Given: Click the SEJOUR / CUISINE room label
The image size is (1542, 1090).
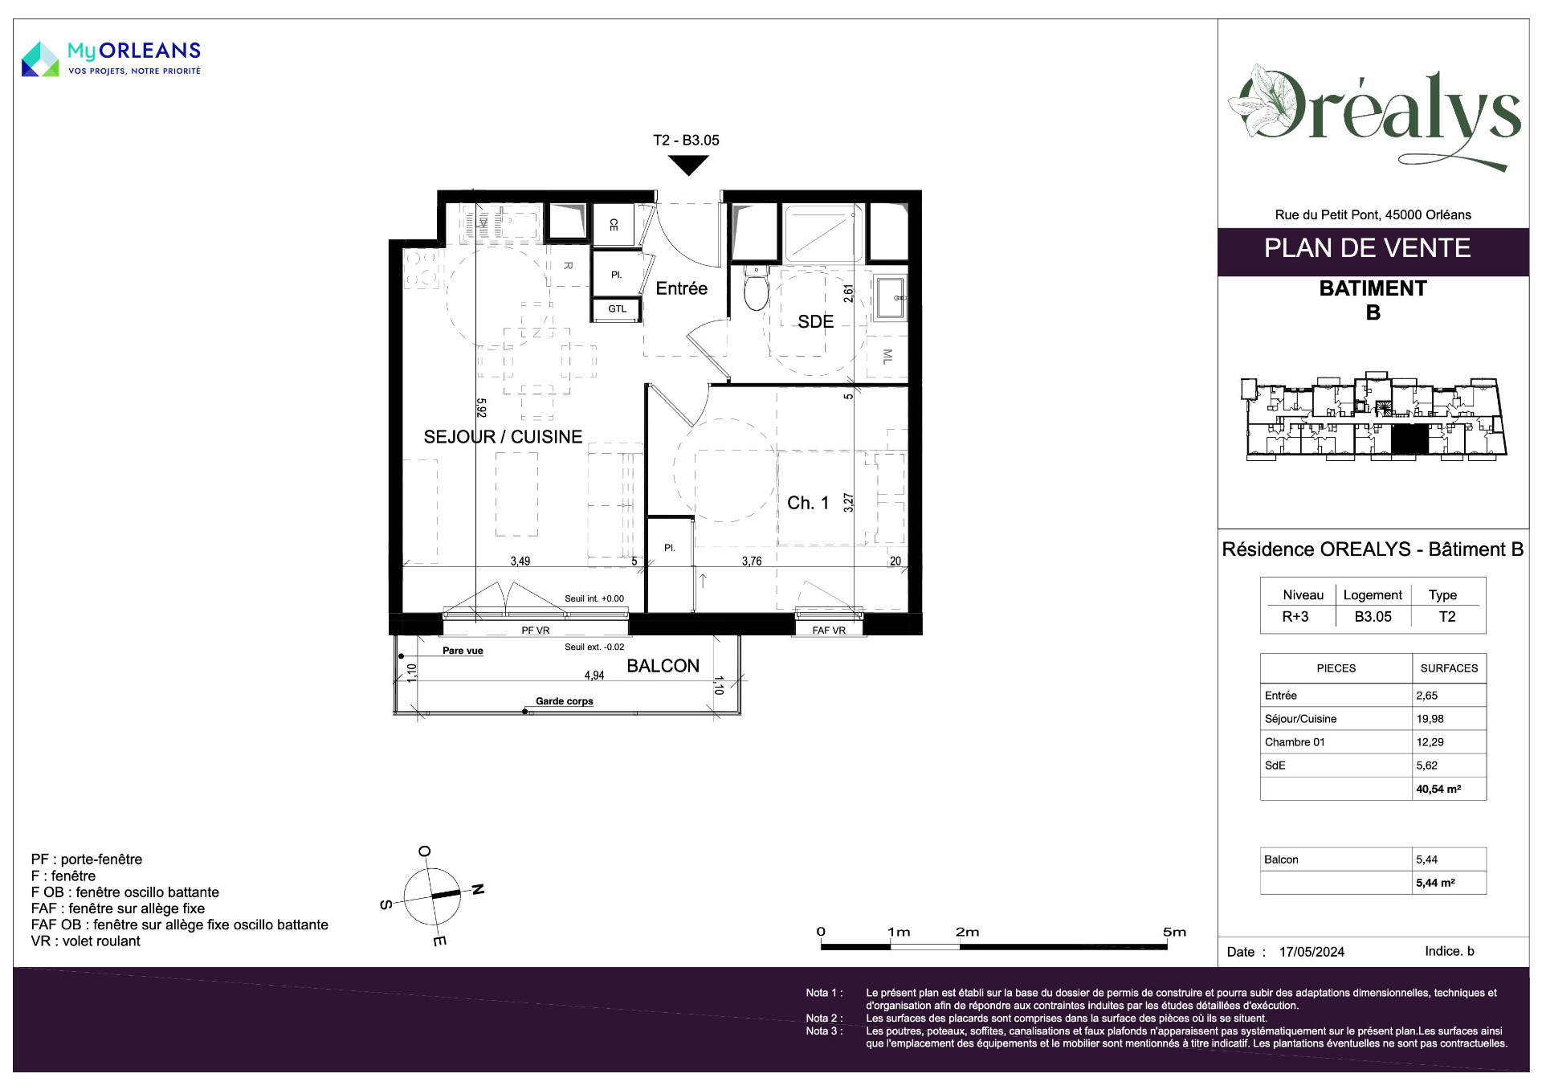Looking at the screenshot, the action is [x=503, y=437].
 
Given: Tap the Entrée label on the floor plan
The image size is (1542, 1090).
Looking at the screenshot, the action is [x=681, y=288].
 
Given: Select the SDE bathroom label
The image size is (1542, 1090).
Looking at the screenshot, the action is [x=815, y=322].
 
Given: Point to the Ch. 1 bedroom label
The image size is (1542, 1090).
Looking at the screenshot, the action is [x=807, y=503].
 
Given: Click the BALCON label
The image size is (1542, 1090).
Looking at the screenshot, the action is [x=663, y=666].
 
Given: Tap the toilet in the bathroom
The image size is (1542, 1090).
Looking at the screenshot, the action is [x=756, y=288].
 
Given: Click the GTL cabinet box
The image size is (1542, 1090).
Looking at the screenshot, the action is [x=617, y=309].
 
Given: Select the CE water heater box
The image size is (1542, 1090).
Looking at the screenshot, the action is [x=614, y=224].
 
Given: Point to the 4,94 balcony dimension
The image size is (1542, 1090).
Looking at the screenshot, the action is [x=594, y=676].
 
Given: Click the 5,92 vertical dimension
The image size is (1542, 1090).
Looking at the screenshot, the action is [x=481, y=408].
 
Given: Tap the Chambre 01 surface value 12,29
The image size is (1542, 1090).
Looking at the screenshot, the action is [x=1430, y=742].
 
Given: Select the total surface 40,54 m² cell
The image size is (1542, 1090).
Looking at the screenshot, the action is [x=1438, y=789].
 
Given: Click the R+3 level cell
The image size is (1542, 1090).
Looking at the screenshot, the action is [x=1295, y=617].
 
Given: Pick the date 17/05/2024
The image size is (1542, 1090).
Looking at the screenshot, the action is [x=1312, y=952].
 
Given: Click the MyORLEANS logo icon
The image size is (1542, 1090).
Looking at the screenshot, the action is [x=40, y=59].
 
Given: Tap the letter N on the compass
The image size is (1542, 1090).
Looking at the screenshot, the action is [x=478, y=889].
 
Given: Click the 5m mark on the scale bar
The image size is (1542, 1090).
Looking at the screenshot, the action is [x=1174, y=932].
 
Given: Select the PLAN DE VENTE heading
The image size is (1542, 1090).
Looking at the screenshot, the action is [x=1367, y=248].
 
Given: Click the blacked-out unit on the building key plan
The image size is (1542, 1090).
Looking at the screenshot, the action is [x=1409, y=440].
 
